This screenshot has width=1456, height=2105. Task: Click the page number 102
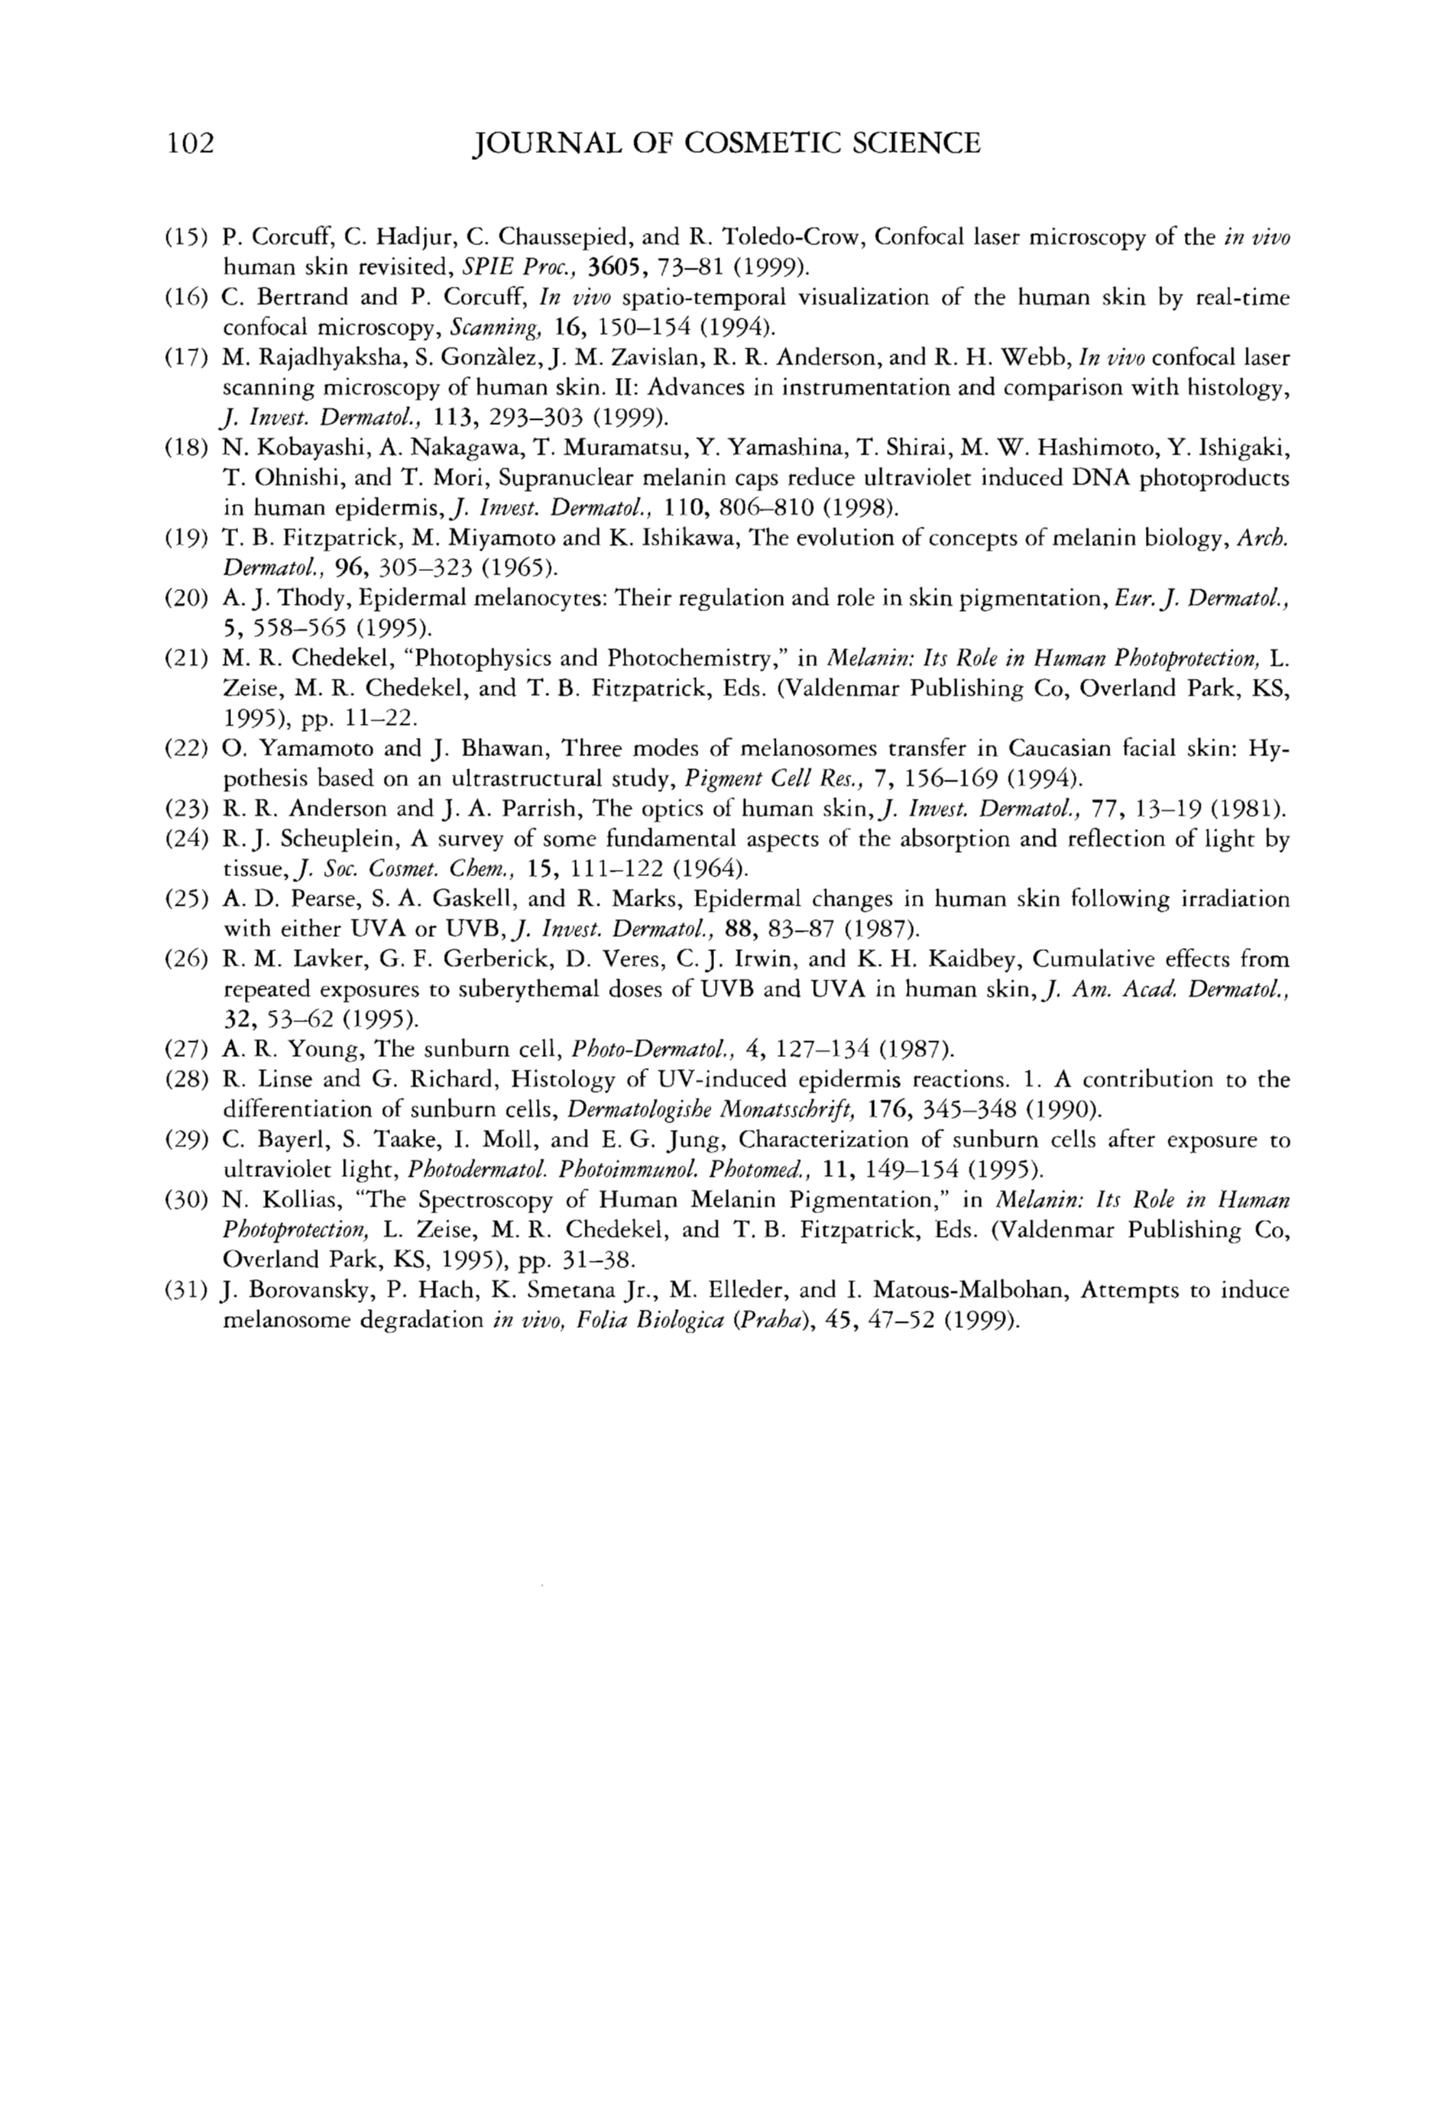[189, 144]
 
